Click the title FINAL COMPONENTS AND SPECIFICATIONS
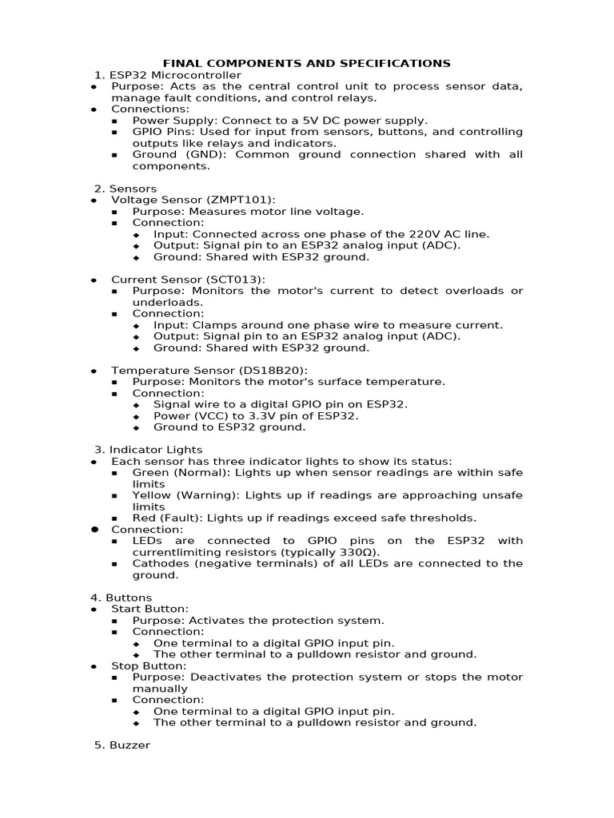[307, 63]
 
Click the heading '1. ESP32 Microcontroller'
[167, 75]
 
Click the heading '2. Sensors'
[125, 189]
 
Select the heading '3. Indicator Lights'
[148, 450]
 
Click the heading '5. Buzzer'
[122, 745]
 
